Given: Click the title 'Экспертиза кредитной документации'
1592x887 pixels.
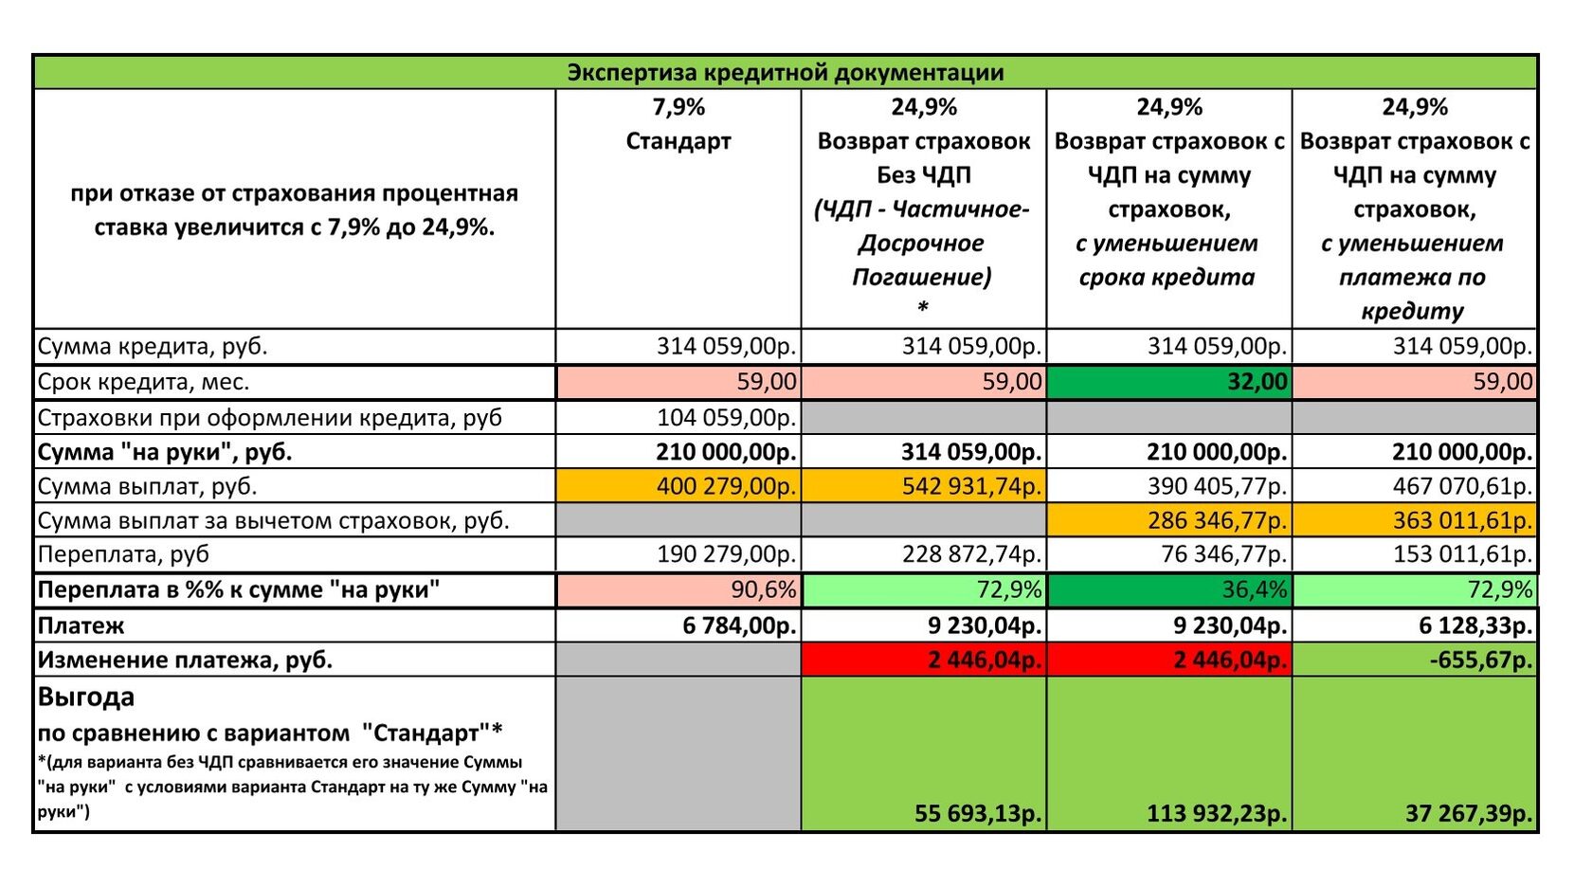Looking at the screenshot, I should pos(785,73).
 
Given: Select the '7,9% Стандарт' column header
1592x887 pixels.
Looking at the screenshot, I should pos(678,124).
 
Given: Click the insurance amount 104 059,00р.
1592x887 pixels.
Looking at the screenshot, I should pos(727,418).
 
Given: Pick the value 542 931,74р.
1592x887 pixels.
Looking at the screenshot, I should pos(970,486).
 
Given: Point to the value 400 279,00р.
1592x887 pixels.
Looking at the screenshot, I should pos(727,486).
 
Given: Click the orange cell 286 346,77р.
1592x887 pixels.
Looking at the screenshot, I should pos(1217,520).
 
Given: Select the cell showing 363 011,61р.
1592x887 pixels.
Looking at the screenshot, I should pos(1462,520).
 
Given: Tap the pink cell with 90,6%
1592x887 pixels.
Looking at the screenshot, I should pos(763,589).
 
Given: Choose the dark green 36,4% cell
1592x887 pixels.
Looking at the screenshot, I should pos(1254,589).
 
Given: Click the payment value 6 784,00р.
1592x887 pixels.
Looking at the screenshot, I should pos(739,625).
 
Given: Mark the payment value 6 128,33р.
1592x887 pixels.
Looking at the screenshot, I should pos(1474,625).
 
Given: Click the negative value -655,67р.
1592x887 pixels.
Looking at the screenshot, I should pos(1480,660).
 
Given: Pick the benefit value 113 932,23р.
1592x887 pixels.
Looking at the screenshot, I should pos(1216,813).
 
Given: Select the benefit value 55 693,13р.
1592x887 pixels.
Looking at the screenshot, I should pos(977,813).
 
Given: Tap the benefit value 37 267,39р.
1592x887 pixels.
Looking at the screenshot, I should pos(1468,813).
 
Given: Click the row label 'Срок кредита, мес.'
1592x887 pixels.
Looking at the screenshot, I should pos(143,383).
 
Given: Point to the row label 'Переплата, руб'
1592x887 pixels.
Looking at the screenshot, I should pos(123,554).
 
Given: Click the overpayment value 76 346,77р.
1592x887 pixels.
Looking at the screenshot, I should pos(1223,554).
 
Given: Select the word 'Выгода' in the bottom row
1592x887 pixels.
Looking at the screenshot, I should pos(86,697).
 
